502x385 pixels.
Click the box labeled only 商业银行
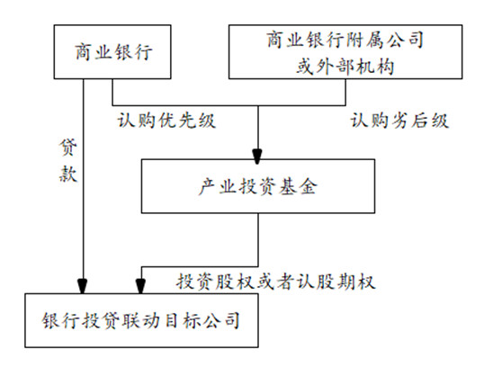(112, 52)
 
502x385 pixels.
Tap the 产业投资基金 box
(258, 187)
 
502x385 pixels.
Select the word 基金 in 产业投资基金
(300, 187)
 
